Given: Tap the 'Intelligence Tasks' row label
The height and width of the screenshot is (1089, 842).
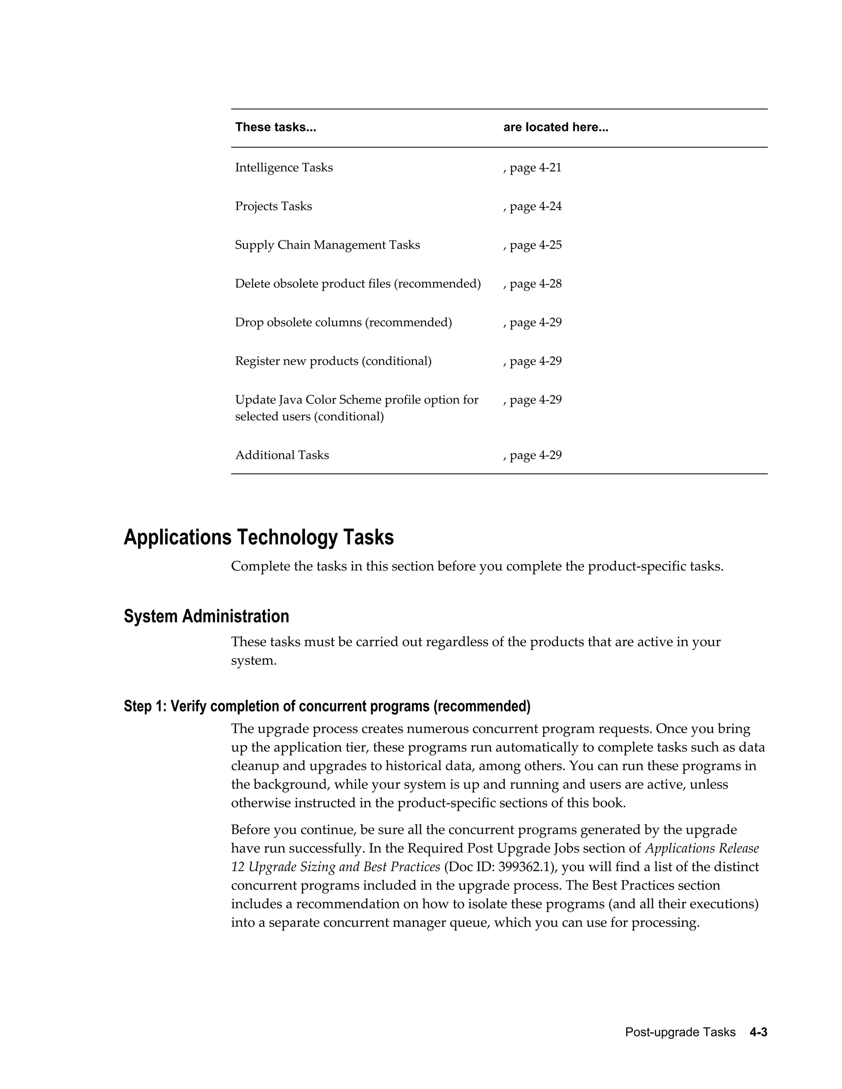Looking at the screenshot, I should [284, 168].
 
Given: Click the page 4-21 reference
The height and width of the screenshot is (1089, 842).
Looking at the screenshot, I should [533, 168].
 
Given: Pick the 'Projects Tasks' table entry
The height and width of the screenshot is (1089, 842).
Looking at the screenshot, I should [273, 206].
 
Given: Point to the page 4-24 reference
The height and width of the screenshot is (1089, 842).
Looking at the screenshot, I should [533, 206].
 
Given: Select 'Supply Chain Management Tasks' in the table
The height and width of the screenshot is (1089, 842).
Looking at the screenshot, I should [327, 245].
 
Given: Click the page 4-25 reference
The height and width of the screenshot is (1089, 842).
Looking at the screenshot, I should [533, 245].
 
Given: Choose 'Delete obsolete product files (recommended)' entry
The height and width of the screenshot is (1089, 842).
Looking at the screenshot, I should [358, 284].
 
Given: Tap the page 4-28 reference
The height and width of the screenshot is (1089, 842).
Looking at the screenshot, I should [533, 284].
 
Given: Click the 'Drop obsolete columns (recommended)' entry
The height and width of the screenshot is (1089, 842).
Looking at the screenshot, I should [343, 323].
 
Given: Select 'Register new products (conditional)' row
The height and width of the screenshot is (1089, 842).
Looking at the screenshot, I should [333, 361].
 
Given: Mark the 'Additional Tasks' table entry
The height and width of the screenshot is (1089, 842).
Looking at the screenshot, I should [282, 455].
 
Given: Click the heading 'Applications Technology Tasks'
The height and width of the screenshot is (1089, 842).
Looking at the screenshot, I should [258, 538].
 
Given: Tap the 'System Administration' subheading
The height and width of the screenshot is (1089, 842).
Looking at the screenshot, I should [206, 616].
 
